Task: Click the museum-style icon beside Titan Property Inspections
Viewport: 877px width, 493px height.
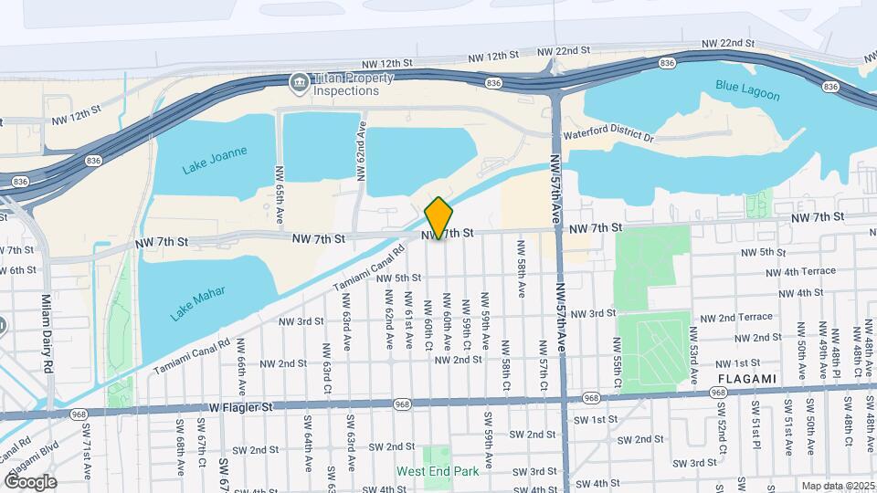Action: pos(298,83)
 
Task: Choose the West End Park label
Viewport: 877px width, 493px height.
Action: pos(438,472)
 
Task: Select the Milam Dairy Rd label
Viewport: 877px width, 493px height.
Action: pos(47,333)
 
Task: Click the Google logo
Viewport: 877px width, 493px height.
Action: pos(29,481)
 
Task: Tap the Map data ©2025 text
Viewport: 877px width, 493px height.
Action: pos(838,486)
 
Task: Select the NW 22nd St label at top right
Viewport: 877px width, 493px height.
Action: pos(728,43)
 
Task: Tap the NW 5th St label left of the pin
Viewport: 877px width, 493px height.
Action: pos(396,278)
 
